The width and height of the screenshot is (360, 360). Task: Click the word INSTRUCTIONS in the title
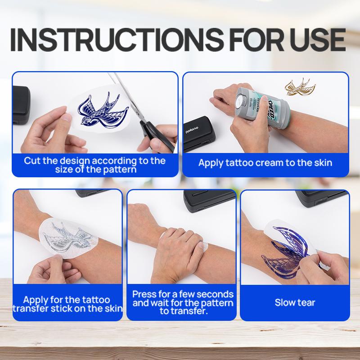click(x=117, y=39)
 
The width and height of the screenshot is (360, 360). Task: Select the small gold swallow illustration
click(x=300, y=87)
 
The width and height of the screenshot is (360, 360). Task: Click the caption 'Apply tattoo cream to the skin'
click(x=265, y=163)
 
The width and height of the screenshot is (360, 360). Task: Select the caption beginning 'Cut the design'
click(x=95, y=165)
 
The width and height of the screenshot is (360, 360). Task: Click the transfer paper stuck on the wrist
click(x=68, y=238)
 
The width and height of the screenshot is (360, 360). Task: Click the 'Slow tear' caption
click(x=295, y=302)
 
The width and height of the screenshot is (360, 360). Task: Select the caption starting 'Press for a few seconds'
click(x=183, y=302)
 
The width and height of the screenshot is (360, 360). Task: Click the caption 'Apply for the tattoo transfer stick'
click(x=67, y=304)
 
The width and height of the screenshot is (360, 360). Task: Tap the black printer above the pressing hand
click(x=209, y=200)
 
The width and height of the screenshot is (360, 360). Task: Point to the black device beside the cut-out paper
click(x=21, y=105)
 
